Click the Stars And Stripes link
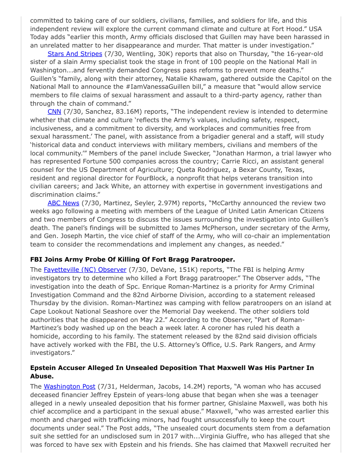click(x=75, y=54)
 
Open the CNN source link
click(x=54, y=111)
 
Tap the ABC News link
click(x=63, y=203)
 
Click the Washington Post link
click(x=69, y=386)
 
